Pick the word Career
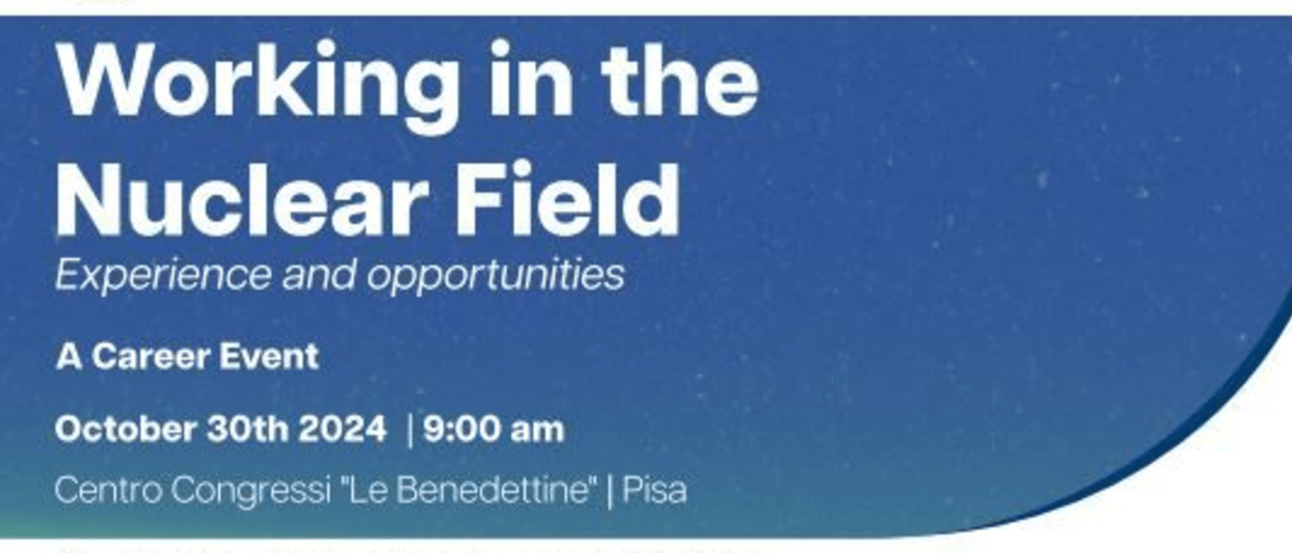click(150, 357)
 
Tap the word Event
click(271, 357)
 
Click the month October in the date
click(125, 429)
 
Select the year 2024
click(343, 429)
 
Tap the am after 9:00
click(537, 429)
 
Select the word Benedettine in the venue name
click(493, 490)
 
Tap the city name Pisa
click(655, 490)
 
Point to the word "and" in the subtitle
click(319, 275)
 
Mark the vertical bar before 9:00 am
click(410, 429)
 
